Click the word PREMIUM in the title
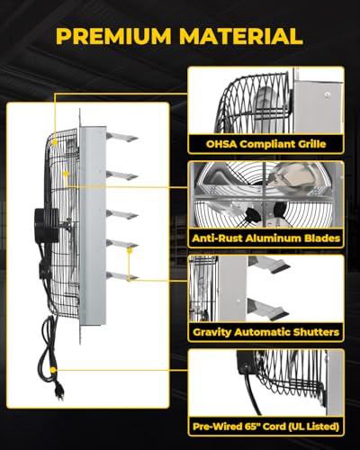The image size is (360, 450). tap(113, 36)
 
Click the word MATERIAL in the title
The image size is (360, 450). tap(241, 36)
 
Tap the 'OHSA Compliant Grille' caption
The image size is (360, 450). tap(265, 144)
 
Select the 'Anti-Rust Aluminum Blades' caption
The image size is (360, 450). tap(265, 238)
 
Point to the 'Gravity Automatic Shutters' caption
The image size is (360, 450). tap(265, 332)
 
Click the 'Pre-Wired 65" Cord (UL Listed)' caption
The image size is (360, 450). tap(265, 427)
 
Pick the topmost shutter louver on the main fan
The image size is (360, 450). tap(122, 137)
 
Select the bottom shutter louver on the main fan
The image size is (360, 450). tap(122, 275)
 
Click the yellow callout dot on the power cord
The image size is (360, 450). tap(53, 370)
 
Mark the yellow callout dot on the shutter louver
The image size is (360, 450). tap(130, 249)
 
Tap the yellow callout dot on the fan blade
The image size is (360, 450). tap(66, 173)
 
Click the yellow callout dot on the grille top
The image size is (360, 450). tap(55, 142)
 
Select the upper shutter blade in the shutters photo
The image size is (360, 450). tap(270, 264)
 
